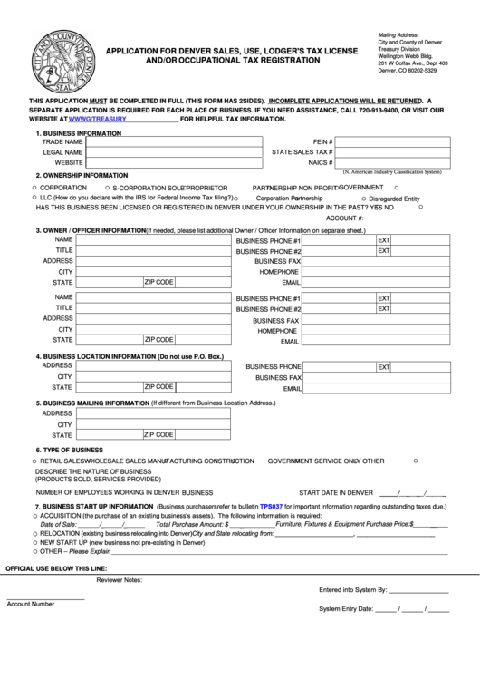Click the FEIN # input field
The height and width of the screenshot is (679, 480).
tap(390, 142)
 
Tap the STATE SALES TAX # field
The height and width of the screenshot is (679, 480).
tap(390, 152)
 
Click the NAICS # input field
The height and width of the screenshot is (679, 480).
tap(390, 163)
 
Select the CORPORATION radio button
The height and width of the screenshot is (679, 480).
tap(33, 186)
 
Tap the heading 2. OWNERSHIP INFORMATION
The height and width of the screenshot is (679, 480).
tap(81, 174)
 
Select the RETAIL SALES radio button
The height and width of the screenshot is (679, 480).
tap(33, 461)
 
